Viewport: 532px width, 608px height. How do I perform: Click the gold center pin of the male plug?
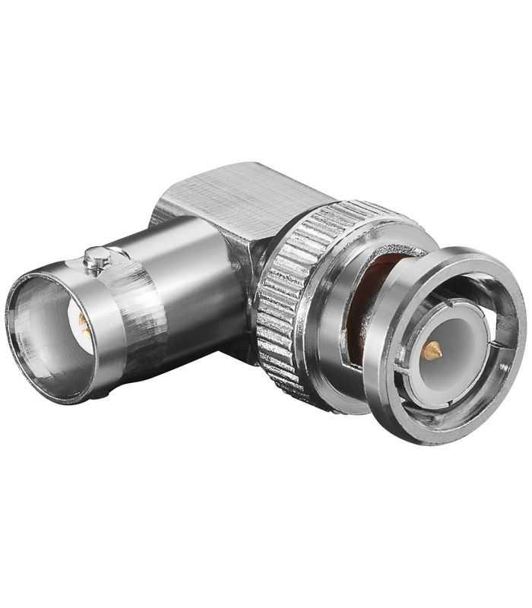pos(432,350)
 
